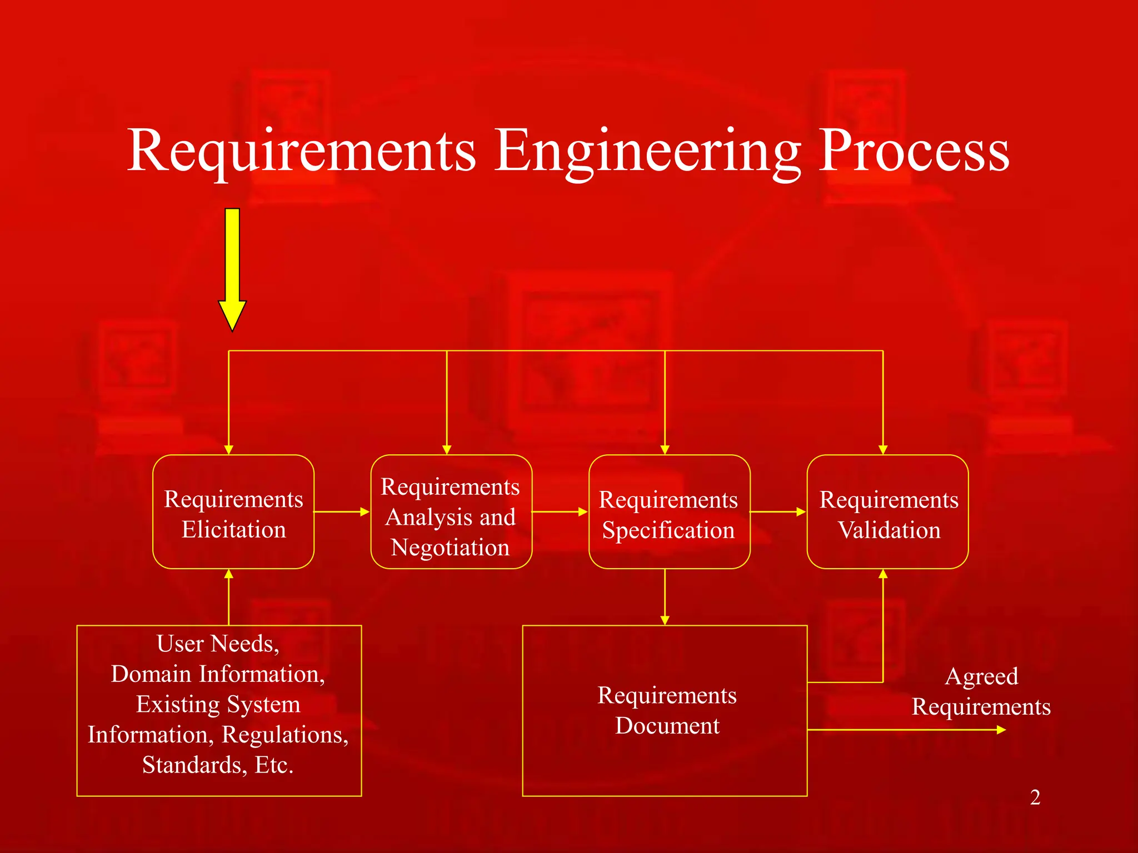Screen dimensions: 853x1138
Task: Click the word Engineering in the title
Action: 647,151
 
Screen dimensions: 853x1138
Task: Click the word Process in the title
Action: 914,151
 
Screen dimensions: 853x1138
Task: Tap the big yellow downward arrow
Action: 232,267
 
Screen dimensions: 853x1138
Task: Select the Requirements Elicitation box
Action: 233,512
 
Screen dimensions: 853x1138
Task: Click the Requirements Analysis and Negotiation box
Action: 451,512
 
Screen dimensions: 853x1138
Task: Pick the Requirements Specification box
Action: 669,512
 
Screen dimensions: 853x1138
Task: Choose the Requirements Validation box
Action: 887,512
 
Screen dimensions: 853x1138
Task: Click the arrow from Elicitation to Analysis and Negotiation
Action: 342,511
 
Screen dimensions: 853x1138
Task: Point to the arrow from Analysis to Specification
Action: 560,511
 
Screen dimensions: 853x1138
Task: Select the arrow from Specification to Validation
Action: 778,511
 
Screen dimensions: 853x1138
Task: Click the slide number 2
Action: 1035,797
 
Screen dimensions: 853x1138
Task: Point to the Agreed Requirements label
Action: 981,691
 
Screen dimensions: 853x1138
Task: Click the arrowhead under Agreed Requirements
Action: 1001,730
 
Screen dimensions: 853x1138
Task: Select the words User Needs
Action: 218,644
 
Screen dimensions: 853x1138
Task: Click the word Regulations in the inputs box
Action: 285,735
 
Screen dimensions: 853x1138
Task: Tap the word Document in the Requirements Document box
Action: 667,726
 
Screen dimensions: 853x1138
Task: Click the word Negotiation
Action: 450,548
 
